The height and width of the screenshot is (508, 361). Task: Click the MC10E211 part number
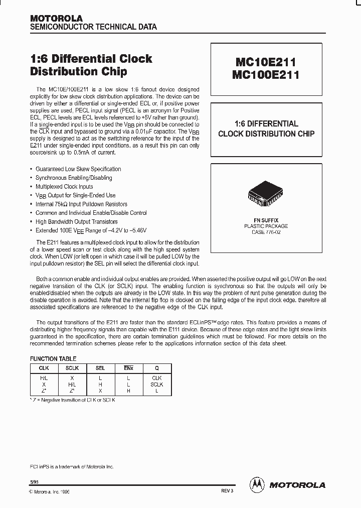point(265,62)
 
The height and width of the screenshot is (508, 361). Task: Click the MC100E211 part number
point(265,75)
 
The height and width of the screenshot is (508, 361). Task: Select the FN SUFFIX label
point(266,220)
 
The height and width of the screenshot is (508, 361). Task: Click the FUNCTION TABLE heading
point(53,359)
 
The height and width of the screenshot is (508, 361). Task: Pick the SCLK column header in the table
point(73,368)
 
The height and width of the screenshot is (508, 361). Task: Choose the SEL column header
point(100,368)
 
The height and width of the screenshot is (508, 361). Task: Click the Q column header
point(157,368)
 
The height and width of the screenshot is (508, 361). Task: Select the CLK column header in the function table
point(44,368)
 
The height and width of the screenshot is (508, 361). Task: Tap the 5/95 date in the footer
point(34,481)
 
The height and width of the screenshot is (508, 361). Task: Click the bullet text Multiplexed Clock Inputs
point(64,187)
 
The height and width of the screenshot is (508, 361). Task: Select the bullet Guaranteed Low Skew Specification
point(78,169)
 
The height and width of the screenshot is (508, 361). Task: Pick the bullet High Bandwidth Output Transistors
point(76,222)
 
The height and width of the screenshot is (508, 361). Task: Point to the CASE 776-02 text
point(266,232)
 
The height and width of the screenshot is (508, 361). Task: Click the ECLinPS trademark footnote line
point(72,467)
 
